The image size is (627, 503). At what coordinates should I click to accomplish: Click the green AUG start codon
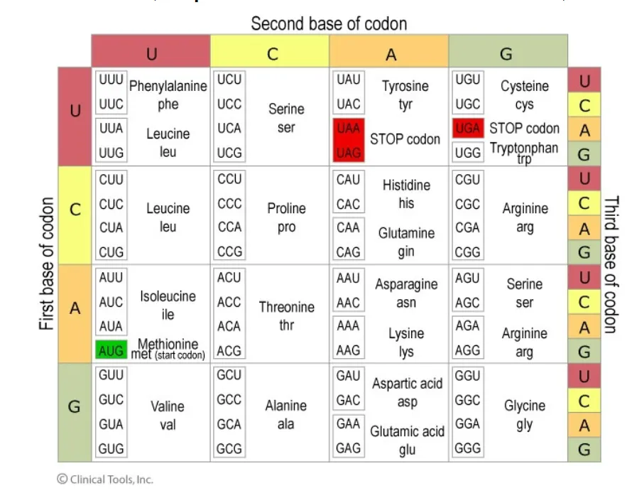[x=111, y=350]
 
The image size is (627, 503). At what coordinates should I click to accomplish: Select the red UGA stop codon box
[x=467, y=129]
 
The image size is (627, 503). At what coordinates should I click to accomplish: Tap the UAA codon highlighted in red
[x=348, y=129]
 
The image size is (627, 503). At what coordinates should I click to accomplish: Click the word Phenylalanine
[x=168, y=86]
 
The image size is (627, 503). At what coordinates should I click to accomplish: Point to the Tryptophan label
[x=524, y=148]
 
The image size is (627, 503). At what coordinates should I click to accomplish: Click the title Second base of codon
[x=329, y=23]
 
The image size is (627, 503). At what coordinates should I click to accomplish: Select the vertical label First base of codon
[x=47, y=264]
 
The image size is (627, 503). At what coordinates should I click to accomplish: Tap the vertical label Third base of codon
[x=610, y=264]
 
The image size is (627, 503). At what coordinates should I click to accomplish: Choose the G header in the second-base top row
[x=507, y=54]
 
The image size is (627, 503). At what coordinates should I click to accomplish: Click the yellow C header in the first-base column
[x=75, y=210]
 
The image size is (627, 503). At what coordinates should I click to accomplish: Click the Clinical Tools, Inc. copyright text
[x=105, y=479]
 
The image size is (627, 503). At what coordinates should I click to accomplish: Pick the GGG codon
[x=467, y=448]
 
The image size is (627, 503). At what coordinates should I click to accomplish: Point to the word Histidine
[x=406, y=185]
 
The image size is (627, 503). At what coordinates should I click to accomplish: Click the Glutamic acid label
[x=407, y=431]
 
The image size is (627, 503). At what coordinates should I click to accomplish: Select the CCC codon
[x=229, y=203]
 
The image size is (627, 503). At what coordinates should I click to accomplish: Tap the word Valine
[x=168, y=406]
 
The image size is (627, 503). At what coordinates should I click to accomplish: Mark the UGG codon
[x=467, y=153]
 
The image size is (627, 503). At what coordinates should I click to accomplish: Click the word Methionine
[x=168, y=345]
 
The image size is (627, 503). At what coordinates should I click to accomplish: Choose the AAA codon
[x=348, y=326]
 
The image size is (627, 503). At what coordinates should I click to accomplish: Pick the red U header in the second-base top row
[x=151, y=54]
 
